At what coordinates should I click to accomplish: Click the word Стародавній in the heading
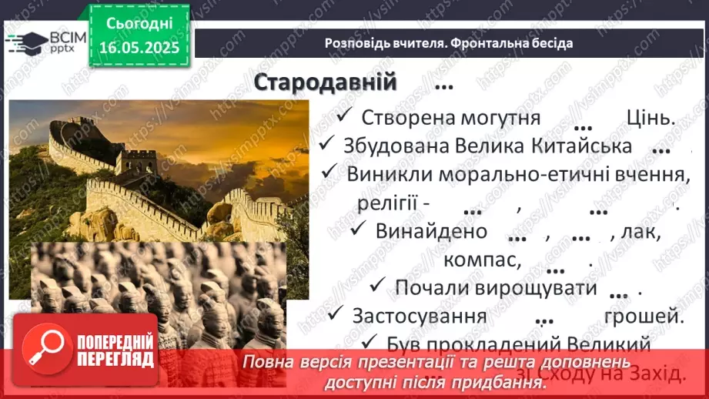pos(324,82)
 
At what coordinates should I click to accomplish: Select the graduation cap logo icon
pos(25,42)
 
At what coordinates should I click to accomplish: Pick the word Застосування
pos(419,316)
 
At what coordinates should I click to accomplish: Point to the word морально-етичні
pos(525,174)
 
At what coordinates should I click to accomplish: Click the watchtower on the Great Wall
pos(139,161)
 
